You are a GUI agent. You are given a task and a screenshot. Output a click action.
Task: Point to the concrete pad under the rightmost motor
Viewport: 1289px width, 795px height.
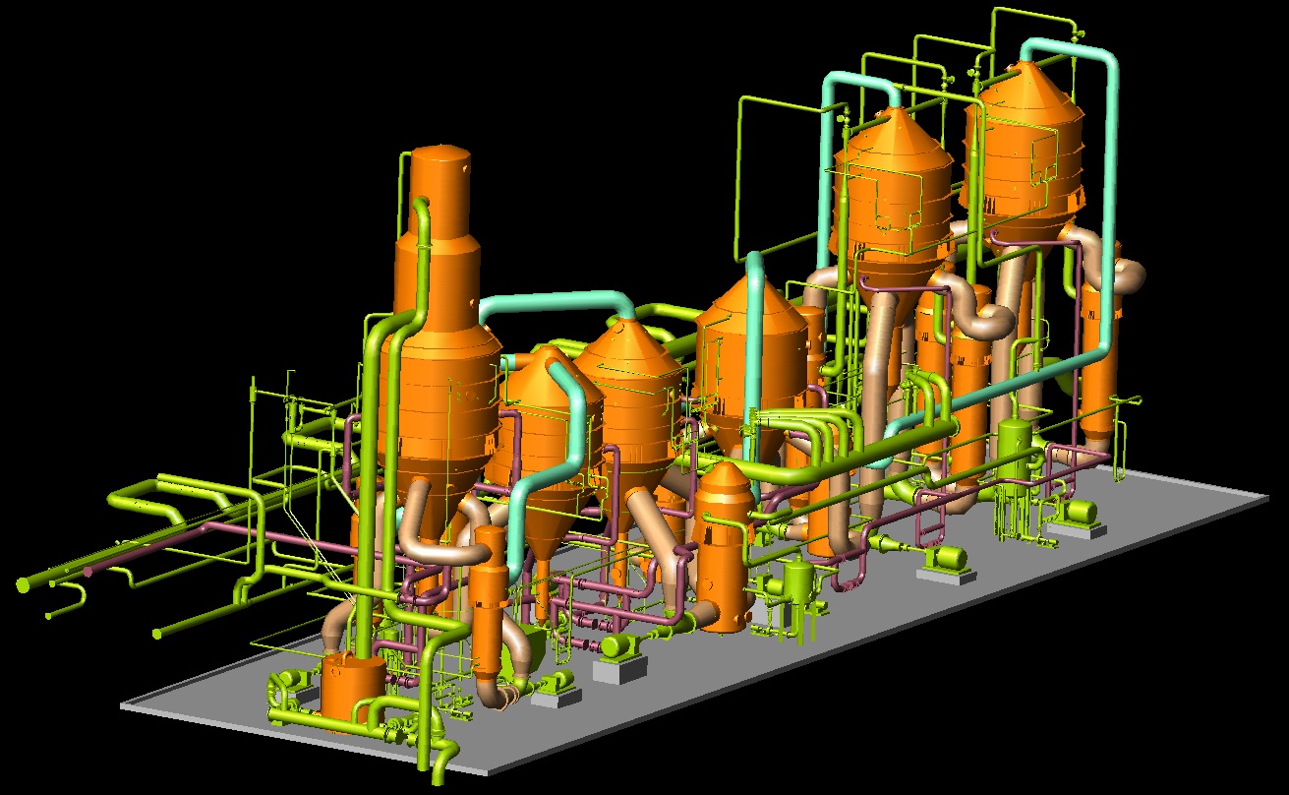(x=1076, y=529)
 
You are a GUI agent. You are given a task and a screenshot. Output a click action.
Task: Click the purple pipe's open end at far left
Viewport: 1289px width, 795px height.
(x=88, y=571)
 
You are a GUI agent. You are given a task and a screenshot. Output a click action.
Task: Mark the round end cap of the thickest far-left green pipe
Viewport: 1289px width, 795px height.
(x=23, y=585)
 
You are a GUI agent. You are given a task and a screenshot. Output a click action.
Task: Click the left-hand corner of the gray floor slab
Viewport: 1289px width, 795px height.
(x=123, y=704)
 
